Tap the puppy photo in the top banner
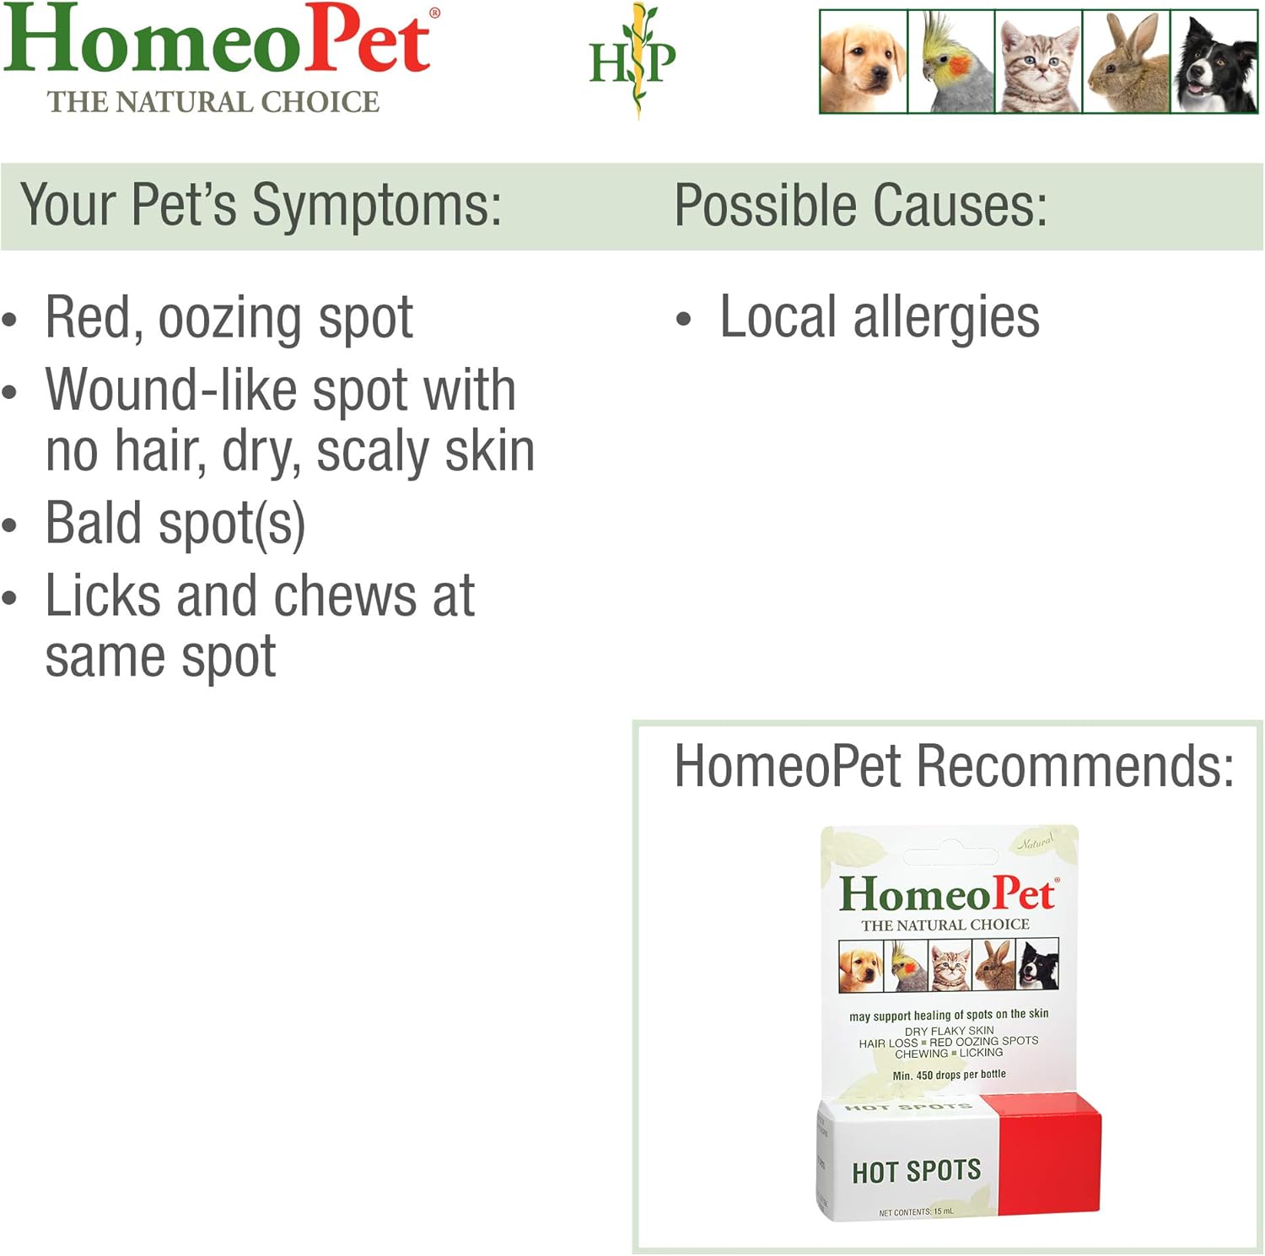coord(864,62)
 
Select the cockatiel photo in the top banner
coord(951,62)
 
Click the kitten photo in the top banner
coord(1039,62)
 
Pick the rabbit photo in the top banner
coord(1127,62)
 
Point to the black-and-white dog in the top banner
coord(1214,62)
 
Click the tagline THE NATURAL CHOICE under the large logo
coord(213,102)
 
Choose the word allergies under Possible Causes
coord(946,319)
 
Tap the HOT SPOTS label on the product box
coord(917,1171)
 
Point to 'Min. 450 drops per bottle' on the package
coord(949,1075)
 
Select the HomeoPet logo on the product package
coord(946,894)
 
